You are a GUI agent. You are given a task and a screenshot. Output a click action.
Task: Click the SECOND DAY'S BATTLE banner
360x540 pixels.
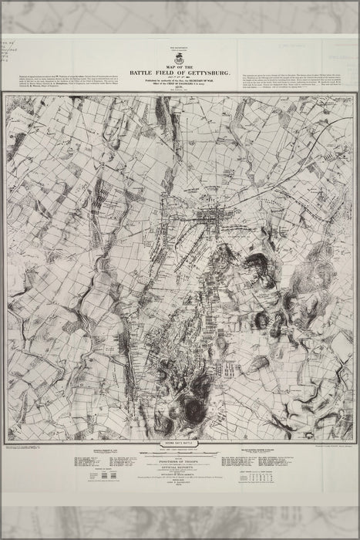click(180, 446)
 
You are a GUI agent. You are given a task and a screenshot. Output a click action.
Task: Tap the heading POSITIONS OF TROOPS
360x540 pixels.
click(180, 461)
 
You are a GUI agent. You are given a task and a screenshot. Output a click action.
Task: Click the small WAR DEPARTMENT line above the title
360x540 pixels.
click(180, 46)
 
